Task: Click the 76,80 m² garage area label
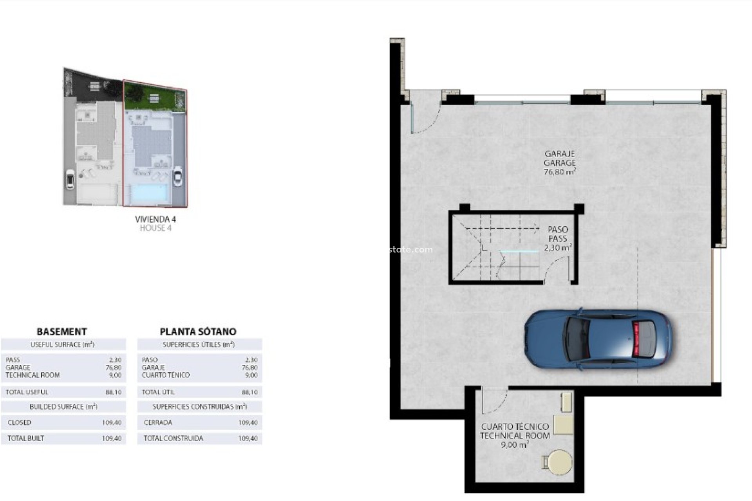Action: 559,172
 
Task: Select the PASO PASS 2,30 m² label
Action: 558,238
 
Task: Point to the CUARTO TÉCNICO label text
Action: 515,427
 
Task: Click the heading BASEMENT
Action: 61,332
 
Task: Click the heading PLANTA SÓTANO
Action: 198,332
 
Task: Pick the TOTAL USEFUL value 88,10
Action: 113,392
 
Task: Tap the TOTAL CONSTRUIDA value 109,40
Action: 248,438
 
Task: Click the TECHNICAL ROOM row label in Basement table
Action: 33,375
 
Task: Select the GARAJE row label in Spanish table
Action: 153,368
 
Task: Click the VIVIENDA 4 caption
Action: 155,219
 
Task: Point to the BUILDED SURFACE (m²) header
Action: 63,407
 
